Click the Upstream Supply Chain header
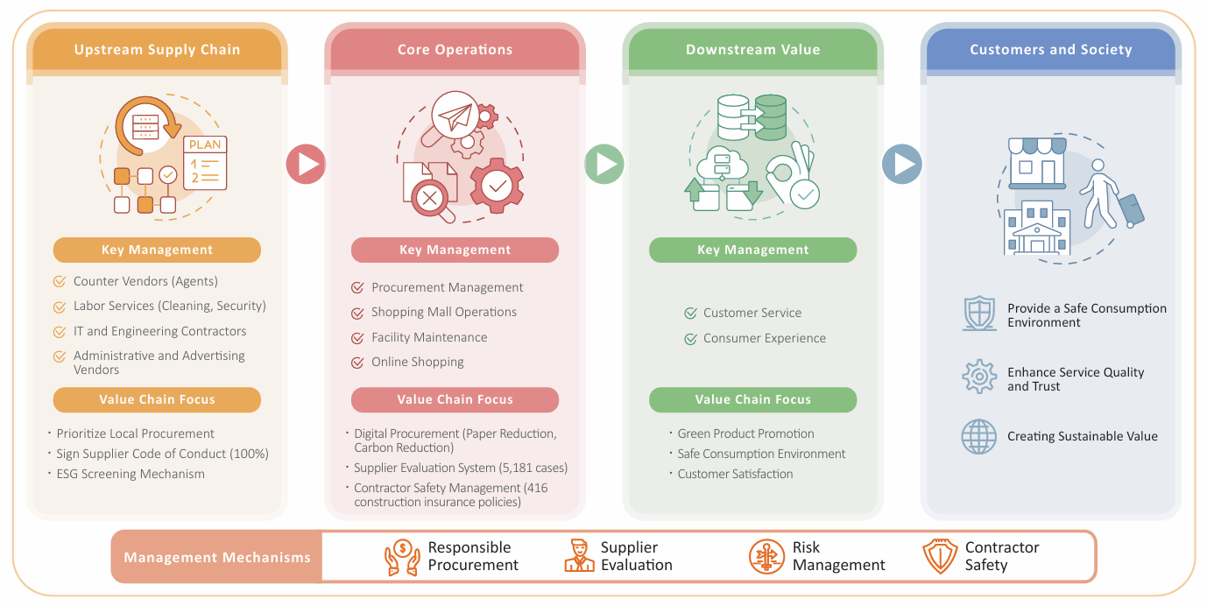157,50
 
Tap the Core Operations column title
455,50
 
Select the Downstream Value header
752,50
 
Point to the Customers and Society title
1051,50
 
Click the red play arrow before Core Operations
306,164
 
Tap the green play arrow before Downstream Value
604,164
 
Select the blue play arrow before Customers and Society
902,164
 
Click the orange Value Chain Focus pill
157,399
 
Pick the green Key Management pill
752,250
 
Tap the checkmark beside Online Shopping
357,363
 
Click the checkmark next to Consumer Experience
690,339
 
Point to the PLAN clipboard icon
205,163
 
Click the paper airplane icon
455,115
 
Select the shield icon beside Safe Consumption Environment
979,314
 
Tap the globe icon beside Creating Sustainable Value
979,436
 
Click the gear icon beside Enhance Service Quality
979,377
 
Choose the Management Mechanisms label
217,557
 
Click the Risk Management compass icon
766,556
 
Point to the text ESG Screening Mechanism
131,474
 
